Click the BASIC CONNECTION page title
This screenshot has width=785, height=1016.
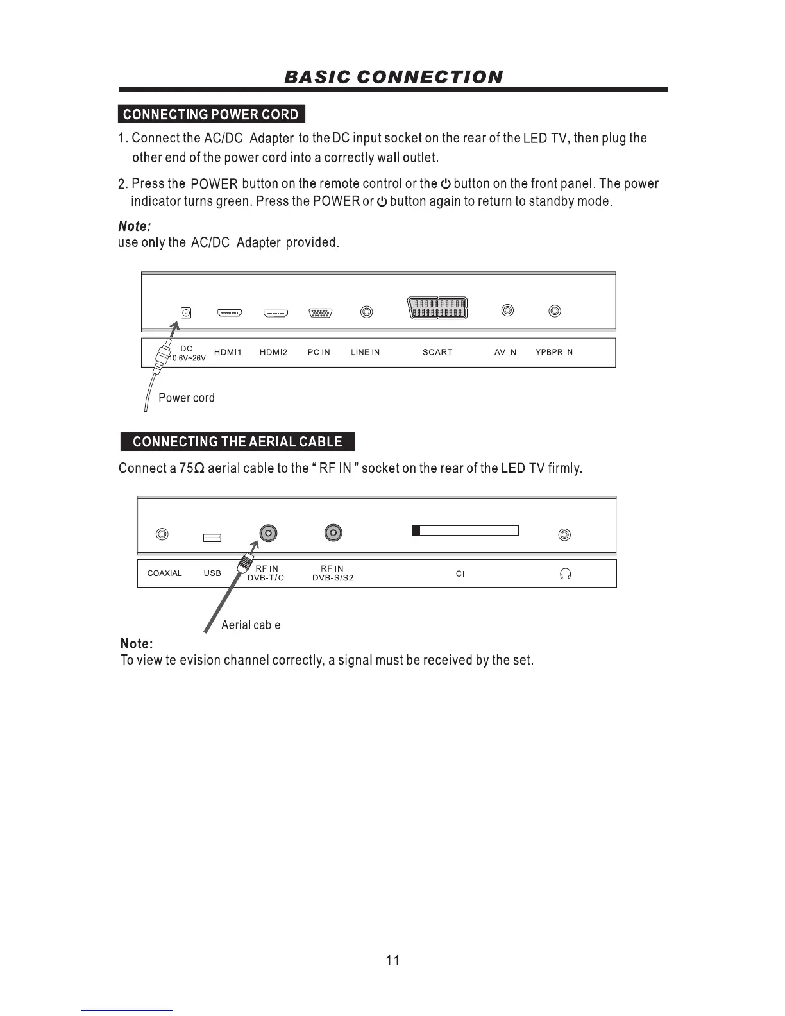point(393,78)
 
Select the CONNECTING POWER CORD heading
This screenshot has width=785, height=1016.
point(211,114)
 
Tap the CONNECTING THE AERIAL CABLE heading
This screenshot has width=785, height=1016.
point(237,442)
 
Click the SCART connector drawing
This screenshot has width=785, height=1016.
point(437,309)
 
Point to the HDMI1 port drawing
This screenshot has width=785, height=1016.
point(229,313)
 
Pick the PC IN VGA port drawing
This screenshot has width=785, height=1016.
point(320,313)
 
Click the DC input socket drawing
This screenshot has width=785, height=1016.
point(186,313)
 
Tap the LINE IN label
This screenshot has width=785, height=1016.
point(365,352)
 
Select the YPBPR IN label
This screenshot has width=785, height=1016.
point(554,352)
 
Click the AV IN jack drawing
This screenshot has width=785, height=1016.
point(507,311)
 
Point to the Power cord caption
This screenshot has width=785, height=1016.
point(187,398)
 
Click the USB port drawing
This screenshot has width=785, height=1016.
point(212,538)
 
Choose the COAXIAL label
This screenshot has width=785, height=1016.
point(165,573)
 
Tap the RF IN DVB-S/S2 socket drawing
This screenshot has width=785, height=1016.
point(333,533)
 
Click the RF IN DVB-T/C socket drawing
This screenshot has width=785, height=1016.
point(269,533)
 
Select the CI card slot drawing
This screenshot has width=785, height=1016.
point(465,530)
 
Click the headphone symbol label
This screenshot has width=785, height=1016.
point(564,574)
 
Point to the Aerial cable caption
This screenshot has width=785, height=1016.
point(251,625)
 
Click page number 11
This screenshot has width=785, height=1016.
point(393,960)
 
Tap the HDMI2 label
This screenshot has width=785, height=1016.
point(273,352)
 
